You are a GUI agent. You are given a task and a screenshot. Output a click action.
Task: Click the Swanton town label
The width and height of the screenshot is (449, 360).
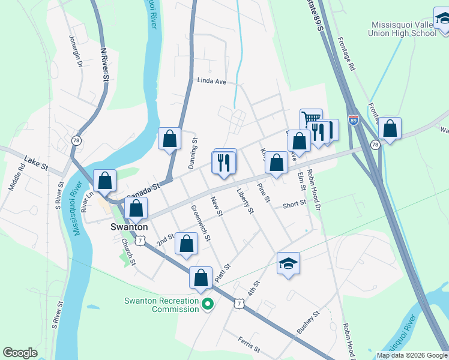[x=129, y=227]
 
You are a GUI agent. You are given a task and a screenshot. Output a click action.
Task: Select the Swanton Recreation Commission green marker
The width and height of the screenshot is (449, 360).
[x=208, y=305]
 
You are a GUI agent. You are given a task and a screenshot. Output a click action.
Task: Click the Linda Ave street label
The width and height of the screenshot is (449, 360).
[x=211, y=82]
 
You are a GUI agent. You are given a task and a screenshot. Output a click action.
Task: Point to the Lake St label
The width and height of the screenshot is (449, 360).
[x=35, y=163]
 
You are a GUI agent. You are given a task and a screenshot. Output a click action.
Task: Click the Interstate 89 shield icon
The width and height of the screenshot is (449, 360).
[x=354, y=120]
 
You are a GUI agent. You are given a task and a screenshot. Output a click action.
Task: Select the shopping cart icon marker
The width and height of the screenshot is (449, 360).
[x=311, y=119]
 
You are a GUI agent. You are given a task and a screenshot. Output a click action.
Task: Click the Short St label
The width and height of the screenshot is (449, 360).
[x=294, y=205]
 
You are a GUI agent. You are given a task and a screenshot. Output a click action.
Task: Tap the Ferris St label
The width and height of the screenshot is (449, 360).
[x=248, y=344]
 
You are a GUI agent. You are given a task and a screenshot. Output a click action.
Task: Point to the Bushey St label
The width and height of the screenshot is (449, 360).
[x=310, y=322]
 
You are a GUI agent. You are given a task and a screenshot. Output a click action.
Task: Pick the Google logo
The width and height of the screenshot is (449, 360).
[x=19, y=353]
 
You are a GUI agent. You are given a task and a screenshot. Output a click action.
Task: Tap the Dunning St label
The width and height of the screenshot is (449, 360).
[x=194, y=152]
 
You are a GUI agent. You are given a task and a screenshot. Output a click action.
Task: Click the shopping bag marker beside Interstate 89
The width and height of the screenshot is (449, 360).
[x=390, y=128]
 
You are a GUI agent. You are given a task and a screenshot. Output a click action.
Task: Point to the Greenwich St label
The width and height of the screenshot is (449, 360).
[x=200, y=223]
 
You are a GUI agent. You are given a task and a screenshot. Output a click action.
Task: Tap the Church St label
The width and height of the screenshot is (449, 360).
[x=129, y=253]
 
